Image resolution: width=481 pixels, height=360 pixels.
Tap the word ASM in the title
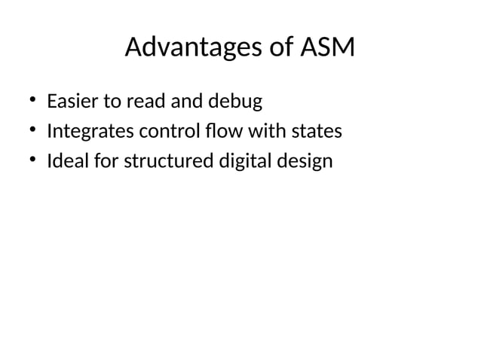pyautogui.click(x=327, y=48)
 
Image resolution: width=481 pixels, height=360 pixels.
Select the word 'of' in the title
pyautogui.click(x=278, y=48)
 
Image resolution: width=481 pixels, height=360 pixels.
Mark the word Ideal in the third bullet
pyautogui.click(x=65, y=161)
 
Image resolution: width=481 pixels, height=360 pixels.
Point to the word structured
pyautogui.click(x=154, y=161)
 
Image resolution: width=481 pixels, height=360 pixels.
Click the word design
pyautogui.click(x=305, y=162)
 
